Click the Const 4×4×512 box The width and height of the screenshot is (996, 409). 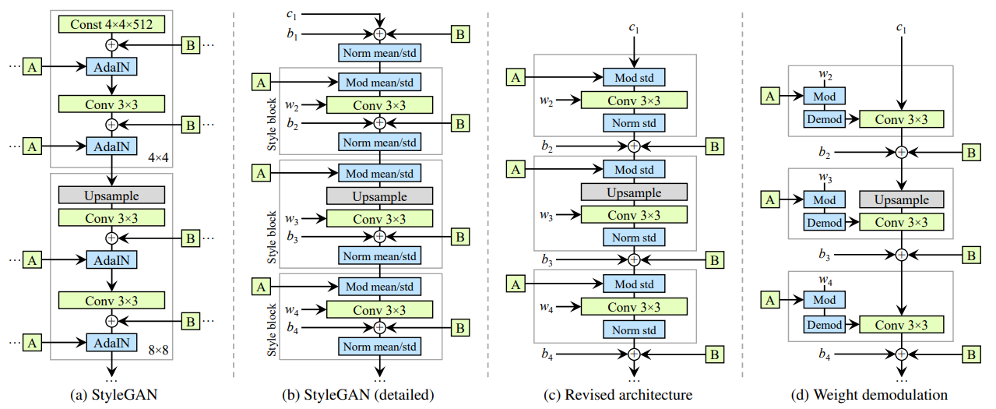point(111,24)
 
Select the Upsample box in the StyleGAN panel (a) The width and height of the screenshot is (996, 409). point(111,194)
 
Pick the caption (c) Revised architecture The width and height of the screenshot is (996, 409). point(618,395)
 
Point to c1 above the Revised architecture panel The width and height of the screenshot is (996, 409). point(634,28)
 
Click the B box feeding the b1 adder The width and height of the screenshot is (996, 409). point(459,33)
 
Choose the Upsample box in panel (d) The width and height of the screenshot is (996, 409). point(901,199)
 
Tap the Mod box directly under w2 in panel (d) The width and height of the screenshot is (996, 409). point(824,96)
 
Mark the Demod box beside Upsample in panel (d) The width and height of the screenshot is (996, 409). point(824,223)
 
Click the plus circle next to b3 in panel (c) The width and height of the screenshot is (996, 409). point(634,259)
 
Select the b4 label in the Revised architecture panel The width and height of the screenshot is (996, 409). point(548,354)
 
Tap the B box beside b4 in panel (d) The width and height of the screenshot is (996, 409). point(970,354)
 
